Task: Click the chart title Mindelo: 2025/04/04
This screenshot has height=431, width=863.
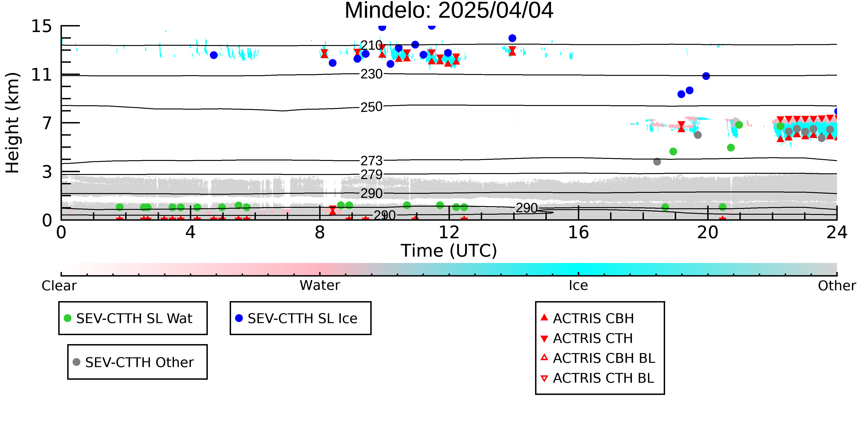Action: tap(449, 11)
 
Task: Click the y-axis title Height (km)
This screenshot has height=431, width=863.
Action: tap(12, 123)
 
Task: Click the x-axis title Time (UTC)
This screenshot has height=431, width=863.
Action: tap(449, 251)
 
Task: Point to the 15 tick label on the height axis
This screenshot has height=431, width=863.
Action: tap(42, 26)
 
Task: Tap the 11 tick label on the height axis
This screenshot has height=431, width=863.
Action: tap(42, 75)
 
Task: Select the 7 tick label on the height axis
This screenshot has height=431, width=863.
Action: tap(47, 123)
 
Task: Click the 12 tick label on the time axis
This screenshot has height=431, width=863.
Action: tap(449, 232)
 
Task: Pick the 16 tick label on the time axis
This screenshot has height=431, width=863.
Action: tap(578, 232)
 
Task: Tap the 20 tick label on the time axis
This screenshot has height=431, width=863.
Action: tap(708, 232)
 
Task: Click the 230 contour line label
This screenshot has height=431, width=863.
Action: tap(371, 74)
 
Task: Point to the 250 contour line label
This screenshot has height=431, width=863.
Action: tap(371, 107)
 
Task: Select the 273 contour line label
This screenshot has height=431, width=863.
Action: tap(371, 161)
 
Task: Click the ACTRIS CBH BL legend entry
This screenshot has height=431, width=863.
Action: tap(598, 358)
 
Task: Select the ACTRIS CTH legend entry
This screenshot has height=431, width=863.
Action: tap(587, 338)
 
